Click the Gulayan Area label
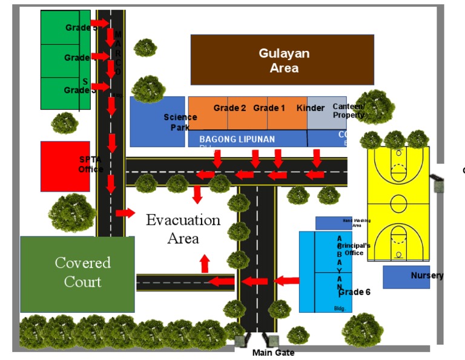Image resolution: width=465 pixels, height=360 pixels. coord(284,61)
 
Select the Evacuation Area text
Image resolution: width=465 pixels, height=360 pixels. coord(183,228)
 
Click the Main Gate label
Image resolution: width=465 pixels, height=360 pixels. coord(273,353)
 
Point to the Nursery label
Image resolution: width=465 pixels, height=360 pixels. coord(427,276)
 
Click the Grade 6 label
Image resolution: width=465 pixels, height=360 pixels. coord(354,292)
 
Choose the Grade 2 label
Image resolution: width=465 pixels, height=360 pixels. coord(229,108)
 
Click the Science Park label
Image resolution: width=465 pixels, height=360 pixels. coord(180,122)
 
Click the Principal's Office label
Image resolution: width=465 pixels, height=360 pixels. coord(354,249)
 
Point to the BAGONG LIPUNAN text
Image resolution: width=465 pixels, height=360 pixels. coord(237,139)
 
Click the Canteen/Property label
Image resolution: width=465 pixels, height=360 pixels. coord(349,110)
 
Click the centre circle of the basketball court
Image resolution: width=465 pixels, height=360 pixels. coord(398,202)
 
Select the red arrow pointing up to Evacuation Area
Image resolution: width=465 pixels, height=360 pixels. coord(205,264)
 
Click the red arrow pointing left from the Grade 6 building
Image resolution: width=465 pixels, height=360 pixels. coord(286,281)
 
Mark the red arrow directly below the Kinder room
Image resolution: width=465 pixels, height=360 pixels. coord(316,158)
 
